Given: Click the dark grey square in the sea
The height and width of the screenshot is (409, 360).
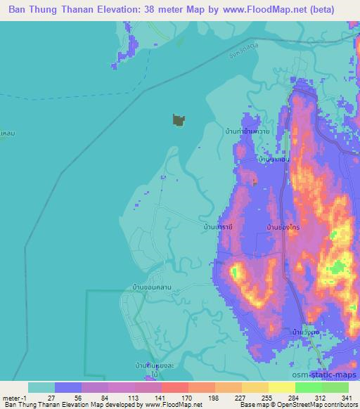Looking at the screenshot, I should point(179,120).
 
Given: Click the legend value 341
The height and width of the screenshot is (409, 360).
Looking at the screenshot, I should point(347,398).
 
